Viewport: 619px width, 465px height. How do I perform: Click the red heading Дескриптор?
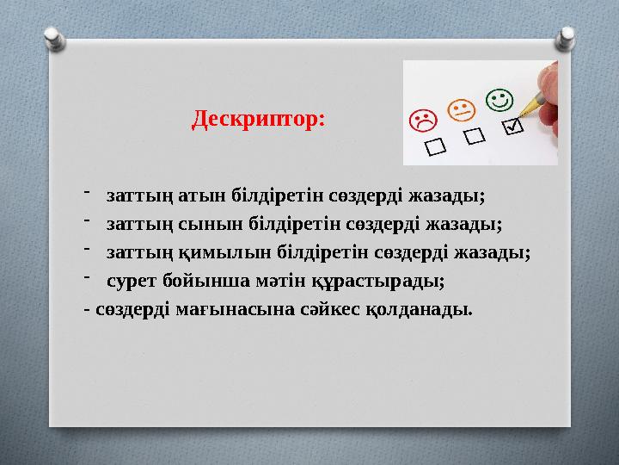pos(258,117)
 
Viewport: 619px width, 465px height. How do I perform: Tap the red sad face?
pos(422,121)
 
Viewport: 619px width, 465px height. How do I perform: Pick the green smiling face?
pos(498,100)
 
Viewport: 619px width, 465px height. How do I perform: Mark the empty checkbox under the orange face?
pos(475,137)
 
